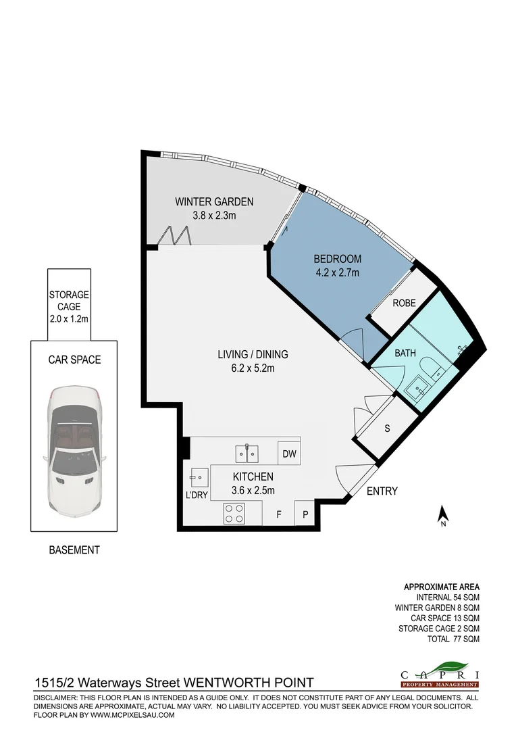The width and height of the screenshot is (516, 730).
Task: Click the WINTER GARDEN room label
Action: (x=214, y=201)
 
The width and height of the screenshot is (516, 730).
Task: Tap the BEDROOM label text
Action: (x=337, y=259)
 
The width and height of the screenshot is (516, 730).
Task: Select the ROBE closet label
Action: (x=404, y=303)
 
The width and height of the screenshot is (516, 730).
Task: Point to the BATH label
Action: (x=405, y=353)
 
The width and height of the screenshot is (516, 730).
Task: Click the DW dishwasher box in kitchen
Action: (x=289, y=454)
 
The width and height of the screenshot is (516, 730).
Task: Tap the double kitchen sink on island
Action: (x=247, y=452)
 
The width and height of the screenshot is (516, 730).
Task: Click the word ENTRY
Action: (x=382, y=491)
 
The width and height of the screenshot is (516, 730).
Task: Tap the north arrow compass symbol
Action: (x=443, y=516)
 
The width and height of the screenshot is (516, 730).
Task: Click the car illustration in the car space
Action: (x=73, y=452)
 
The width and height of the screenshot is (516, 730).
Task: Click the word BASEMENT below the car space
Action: (x=74, y=550)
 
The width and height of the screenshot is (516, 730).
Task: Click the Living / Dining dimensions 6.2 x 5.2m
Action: (x=253, y=368)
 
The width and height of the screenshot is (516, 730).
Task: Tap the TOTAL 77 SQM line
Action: (x=453, y=639)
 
